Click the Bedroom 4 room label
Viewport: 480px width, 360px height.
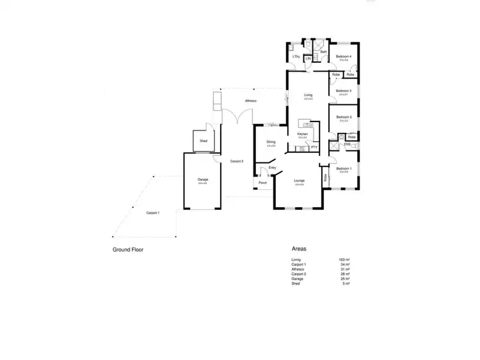[x=344, y=57]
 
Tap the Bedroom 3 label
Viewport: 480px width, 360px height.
[x=344, y=91]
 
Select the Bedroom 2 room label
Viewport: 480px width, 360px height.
[x=344, y=117]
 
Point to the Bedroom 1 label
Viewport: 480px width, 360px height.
[x=344, y=169]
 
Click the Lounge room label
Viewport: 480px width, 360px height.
[x=299, y=181]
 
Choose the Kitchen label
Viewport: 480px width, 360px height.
[x=303, y=134]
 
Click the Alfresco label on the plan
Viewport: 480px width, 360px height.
[x=251, y=101]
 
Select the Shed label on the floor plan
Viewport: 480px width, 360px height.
[x=204, y=140]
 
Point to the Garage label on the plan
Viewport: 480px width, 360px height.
[x=203, y=180]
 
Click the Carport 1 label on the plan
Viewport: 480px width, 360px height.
[x=153, y=212]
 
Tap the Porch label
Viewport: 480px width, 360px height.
[x=262, y=183]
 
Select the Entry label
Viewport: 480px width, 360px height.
[x=273, y=168]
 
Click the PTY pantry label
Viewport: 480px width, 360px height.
[x=314, y=147]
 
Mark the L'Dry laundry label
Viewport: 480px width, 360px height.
[x=296, y=57]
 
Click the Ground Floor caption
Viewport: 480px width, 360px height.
[x=128, y=250]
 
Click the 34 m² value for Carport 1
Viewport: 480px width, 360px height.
[x=344, y=264]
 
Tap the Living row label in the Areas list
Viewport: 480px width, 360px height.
[x=296, y=260]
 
